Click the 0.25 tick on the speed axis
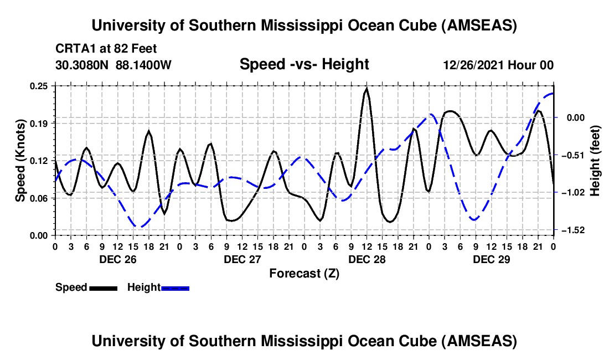pyautogui.click(x=40, y=86)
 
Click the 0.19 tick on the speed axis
pyautogui.click(x=40, y=123)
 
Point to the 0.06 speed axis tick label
pyautogui.click(x=40, y=198)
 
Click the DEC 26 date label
pyautogui.click(x=117, y=259)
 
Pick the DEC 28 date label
pyautogui.click(x=367, y=259)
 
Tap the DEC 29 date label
pyautogui.click(x=491, y=259)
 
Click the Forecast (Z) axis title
pyautogui.click(x=304, y=273)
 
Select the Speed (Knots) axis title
pyautogui.click(x=20, y=161)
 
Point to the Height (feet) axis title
pyautogui.click(x=595, y=161)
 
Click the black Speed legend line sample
pyautogui.click(x=103, y=288)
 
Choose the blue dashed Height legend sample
pyautogui.click(x=176, y=288)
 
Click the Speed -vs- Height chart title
pyautogui.click(x=304, y=65)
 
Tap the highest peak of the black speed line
pyautogui.click(x=367, y=89)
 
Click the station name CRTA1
pyautogui.click(x=74, y=48)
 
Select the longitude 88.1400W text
pyautogui.click(x=144, y=65)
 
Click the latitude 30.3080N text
pyautogui.click(x=83, y=65)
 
